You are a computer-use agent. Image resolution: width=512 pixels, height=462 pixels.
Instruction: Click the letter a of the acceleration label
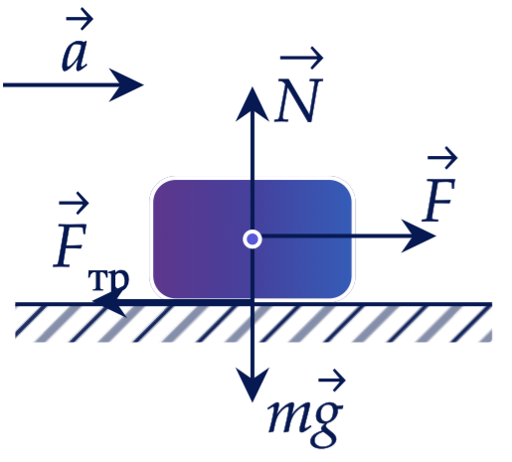coord(75,55)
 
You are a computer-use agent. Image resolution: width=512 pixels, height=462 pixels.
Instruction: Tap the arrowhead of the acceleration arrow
coord(126,85)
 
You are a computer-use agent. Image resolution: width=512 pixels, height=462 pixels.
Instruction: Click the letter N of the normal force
coord(298,100)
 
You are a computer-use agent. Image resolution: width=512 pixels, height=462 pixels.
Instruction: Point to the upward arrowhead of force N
coord(253,104)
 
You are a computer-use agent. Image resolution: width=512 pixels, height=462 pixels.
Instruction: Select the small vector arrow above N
coord(301,58)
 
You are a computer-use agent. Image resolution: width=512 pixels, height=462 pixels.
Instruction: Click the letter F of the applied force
coord(439,200)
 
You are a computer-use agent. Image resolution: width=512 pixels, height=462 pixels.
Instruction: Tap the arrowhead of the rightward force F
coord(419,235)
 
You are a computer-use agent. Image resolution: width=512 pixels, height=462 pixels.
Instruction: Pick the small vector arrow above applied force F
coord(442,158)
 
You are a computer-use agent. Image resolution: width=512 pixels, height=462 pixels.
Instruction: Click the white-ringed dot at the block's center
coord(253,238)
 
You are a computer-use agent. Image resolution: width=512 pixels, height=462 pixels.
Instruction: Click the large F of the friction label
coord(71,245)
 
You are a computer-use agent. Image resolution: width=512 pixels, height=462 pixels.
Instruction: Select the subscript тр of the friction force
coord(108,280)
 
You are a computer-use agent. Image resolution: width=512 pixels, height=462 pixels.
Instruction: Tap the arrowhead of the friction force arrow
coord(109,302)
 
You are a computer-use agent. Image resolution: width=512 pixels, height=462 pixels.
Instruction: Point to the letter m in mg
coord(287,416)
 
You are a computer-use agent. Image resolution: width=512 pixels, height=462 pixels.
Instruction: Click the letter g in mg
coord(326,423)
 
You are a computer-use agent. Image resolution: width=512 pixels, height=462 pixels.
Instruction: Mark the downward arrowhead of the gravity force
coord(253,385)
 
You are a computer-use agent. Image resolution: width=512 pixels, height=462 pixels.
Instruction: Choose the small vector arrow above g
coord(332,381)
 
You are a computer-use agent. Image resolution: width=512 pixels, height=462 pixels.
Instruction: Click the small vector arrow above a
coord(80,19)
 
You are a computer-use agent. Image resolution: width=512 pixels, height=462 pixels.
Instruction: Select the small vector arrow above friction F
coord(74,203)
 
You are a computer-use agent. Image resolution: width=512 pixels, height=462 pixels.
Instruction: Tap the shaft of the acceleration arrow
coord(63,85)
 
